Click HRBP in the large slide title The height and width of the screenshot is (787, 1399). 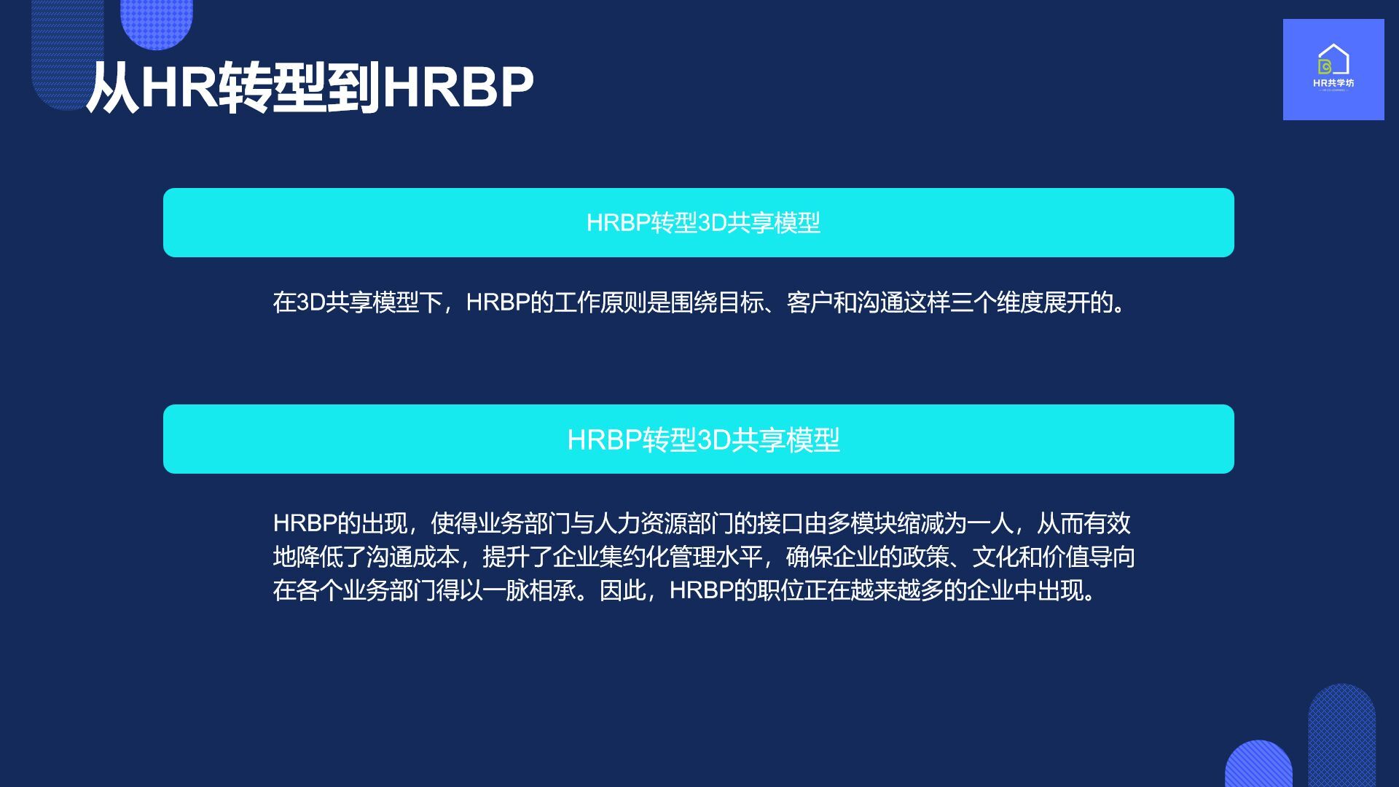(x=457, y=88)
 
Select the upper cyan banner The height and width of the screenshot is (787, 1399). (x=698, y=222)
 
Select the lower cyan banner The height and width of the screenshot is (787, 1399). (x=698, y=439)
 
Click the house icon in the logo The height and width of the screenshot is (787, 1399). (x=1333, y=60)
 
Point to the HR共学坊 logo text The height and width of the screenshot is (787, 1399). (x=1333, y=83)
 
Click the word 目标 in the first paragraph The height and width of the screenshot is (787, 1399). (x=740, y=302)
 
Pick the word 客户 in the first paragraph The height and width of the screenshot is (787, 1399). (x=810, y=302)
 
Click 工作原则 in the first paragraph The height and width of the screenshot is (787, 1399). (x=600, y=302)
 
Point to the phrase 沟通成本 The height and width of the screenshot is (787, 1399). (x=412, y=557)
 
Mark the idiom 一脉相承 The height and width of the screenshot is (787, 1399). (x=529, y=590)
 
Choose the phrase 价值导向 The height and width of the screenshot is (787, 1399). (x=1089, y=557)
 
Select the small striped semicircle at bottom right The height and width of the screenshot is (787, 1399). (x=1258, y=765)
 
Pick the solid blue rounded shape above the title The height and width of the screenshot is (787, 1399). (x=156, y=22)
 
